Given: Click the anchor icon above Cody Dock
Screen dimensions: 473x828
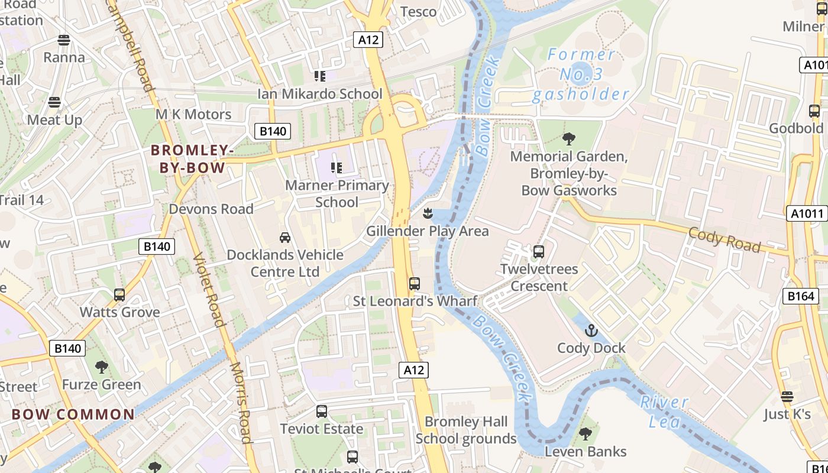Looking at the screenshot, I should pos(591,331).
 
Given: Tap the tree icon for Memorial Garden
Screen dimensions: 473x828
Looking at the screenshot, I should pos(568,140).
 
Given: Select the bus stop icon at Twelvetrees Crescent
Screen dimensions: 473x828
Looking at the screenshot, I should pos(538,252).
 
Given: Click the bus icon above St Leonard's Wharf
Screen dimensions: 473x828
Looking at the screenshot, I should pos(415,284).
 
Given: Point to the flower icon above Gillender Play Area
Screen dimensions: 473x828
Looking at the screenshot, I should pos(428,213).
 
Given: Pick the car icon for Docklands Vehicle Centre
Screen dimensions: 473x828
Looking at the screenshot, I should pos(285,238).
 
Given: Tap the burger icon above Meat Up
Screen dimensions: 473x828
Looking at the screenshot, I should pos(54,102).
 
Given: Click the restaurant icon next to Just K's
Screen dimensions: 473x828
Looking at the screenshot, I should pos(787,397).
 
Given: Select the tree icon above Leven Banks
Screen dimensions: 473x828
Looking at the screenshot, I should pos(585,434).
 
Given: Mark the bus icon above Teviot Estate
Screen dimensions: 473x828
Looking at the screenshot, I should pos(322,412).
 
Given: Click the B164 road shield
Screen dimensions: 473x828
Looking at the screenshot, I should pos(801,296).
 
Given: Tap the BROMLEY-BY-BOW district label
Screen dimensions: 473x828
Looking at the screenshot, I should pos(192,159).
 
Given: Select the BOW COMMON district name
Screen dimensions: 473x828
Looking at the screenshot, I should pos(73,414).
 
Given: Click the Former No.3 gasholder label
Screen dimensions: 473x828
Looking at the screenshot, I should pos(580,74).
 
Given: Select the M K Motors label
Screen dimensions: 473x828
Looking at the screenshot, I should pos(193,114).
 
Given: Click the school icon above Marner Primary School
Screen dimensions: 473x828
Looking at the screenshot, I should pos(337,168).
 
